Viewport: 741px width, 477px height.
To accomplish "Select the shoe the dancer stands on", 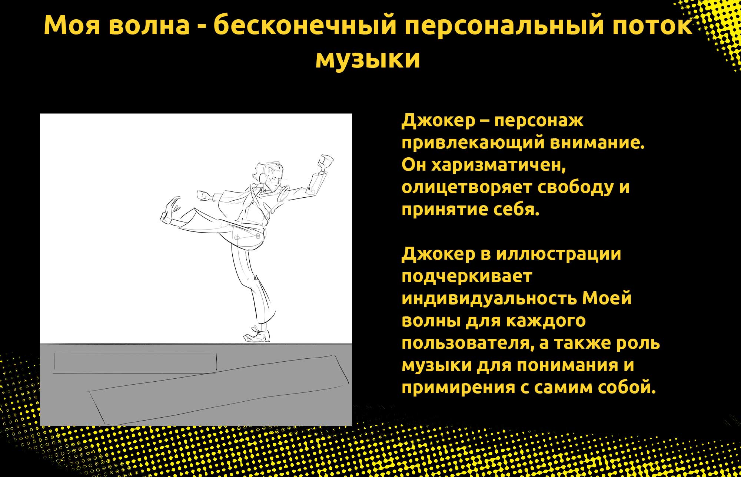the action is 257,334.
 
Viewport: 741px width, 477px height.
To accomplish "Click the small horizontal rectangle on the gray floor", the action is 135,362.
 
